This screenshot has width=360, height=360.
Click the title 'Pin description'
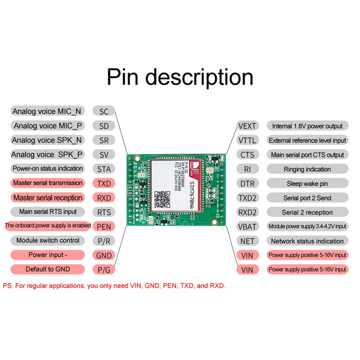(180, 77)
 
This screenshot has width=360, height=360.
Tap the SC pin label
(103, 112)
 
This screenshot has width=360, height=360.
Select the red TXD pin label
(103, 183)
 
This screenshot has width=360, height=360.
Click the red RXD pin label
(103, 198)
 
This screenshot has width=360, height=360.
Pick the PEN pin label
(103, 226)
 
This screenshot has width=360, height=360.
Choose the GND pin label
(103, 255)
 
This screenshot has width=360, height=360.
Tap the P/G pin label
(103, 270)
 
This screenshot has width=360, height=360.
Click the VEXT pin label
(247, 126)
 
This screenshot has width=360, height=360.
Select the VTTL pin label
(247, 140)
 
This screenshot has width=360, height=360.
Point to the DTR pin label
(247, 184)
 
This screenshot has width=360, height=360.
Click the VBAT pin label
(247, 226)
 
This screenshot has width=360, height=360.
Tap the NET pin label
(247, 241)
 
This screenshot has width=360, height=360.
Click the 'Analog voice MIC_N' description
(47, 112)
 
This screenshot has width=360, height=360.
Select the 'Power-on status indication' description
(48, 169)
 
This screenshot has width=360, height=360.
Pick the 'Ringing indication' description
(307, 169)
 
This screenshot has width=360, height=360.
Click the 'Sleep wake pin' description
(307, 184)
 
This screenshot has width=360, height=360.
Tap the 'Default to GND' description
(48, 269)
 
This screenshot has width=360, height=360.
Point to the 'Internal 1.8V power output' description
(307, 126)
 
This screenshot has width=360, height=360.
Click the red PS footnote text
(114, 286)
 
